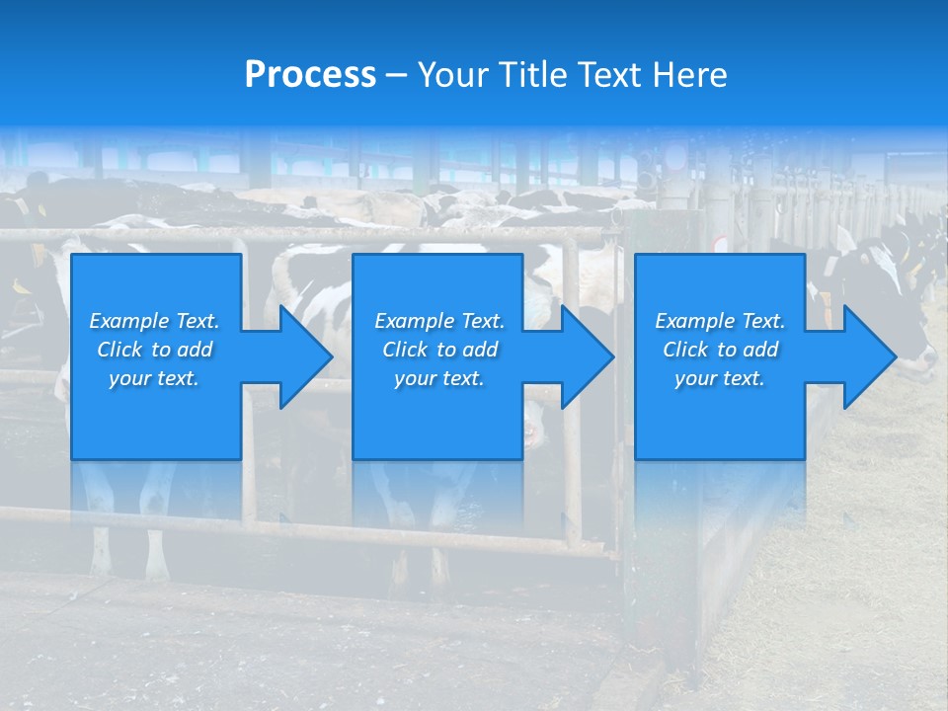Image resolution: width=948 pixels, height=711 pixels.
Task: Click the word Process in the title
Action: point(310,75)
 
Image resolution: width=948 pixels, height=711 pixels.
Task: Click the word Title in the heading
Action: point(532,75)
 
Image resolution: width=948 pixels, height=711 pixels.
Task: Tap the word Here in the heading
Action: point(691,75)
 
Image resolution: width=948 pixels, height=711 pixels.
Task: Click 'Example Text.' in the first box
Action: point(154,321)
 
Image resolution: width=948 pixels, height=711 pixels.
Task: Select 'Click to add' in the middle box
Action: point(439,350)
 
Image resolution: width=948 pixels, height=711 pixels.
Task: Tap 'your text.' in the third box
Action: point(720,378)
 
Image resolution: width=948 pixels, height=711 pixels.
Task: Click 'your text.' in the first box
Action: point(154,378)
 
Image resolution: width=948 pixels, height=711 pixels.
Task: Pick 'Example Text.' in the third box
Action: point(720,321)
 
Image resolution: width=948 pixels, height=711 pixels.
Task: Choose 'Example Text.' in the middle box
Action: point(439,321)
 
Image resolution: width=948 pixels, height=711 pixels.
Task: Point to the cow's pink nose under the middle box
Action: point(534,431)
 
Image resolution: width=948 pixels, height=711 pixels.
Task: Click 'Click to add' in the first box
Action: point(154,350)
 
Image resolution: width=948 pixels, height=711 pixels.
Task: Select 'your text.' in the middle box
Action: point(439,378)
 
